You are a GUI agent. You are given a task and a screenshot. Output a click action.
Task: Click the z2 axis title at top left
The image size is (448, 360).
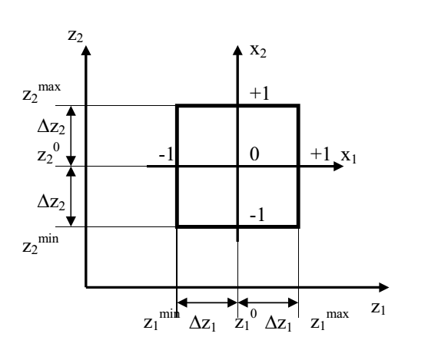(75, 36)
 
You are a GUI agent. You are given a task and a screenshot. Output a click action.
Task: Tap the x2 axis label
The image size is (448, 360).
(258, 51)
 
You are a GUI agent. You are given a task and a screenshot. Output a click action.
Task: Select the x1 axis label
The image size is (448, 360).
(349, 157)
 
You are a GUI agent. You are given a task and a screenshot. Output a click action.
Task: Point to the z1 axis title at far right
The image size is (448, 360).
(378, 309)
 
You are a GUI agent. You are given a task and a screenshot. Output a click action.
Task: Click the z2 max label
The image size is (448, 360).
(41, 93)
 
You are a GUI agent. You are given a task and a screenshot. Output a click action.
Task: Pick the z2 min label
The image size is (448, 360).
(41, 244)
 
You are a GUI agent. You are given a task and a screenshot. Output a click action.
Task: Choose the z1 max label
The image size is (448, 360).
(330, 320)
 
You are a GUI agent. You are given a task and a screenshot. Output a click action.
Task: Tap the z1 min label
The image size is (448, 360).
(161, 320)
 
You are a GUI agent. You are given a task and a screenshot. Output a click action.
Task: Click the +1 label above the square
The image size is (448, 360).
(260, 94)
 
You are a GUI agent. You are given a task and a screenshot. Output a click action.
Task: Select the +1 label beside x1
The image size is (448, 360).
(320, 154)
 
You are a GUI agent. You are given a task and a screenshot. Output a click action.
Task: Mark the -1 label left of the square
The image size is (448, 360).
(166, 154)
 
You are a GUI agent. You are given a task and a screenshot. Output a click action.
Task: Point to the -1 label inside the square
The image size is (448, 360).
(257, 215)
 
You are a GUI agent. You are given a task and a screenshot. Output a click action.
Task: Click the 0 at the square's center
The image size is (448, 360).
(254, 154)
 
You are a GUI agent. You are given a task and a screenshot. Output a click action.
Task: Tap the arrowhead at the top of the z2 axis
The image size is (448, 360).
(86, 50)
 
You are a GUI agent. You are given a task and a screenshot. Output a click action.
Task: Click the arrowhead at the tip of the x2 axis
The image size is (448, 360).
(237, 50)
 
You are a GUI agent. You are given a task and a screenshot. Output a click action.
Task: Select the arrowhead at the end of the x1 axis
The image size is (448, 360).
(339, 166)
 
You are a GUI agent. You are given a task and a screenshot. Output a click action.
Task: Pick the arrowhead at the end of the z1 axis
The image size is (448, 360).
(384, 287)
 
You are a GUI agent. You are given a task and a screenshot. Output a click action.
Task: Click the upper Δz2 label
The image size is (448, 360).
(51, 127)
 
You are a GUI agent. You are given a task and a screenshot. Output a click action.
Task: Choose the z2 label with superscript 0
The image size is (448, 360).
(48, 154)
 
